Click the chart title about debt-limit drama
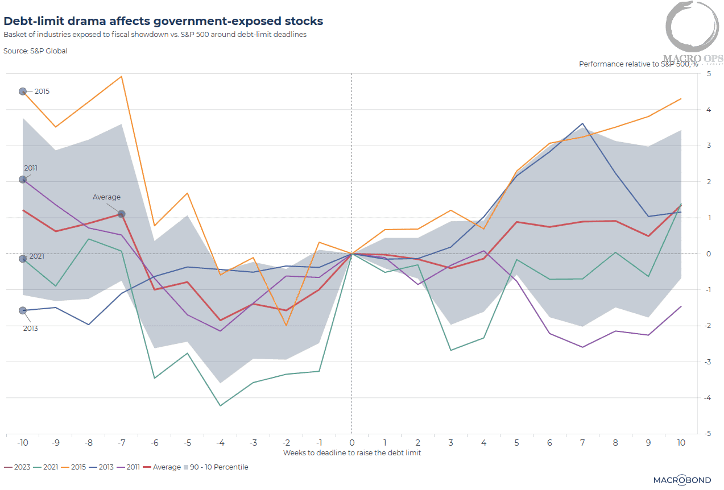point(163,22)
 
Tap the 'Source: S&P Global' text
point(35,51)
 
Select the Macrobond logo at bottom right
point(682,480)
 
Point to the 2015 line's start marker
point(23,92)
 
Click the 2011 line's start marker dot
point(23,180)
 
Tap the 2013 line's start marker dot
point(23,310)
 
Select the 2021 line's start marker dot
point(23,259)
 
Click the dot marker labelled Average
point(121,214)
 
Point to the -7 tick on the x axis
point(121,442)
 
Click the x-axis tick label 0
point(352,442)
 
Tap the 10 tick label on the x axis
point(681,442)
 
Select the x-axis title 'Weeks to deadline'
point(352,452)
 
